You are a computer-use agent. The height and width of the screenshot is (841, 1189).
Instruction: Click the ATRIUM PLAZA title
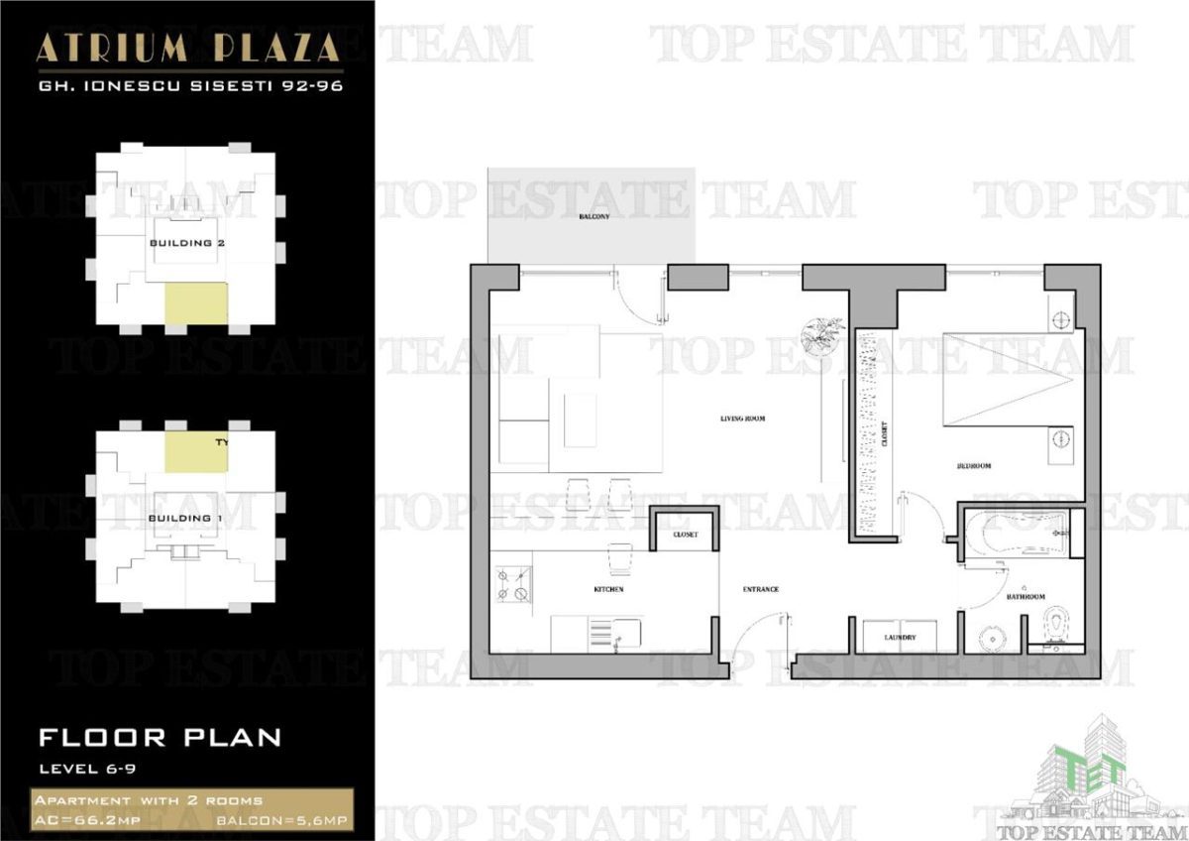188,48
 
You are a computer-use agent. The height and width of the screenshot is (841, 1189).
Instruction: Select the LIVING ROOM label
742,419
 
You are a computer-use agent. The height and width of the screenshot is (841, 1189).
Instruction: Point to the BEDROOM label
974,465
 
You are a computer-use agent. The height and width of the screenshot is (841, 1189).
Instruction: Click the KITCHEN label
608,590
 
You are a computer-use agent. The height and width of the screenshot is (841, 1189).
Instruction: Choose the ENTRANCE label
761,590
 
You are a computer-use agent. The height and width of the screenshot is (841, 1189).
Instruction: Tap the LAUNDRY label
900,638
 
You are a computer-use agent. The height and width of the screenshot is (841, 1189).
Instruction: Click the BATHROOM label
1026,597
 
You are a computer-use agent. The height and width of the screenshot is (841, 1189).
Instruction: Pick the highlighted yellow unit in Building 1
195,449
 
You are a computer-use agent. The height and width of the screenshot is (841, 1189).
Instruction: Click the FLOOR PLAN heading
160,738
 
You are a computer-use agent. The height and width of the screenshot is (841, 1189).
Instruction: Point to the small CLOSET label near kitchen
685,535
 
